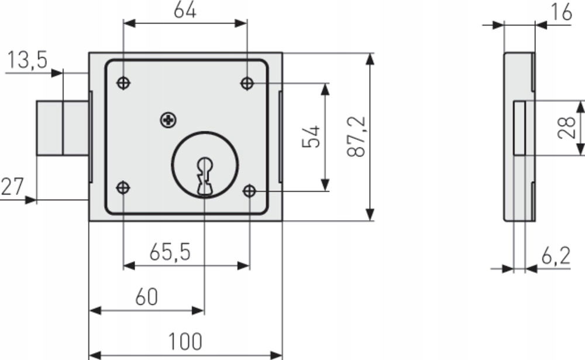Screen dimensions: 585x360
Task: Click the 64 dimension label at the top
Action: tap(185, 11)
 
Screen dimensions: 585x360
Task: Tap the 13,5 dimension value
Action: tap(28, 60)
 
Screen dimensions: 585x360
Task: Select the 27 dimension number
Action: tap(12, 186)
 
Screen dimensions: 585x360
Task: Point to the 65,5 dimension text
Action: tap(170, 252)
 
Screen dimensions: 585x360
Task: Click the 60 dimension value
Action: tap(147, 297)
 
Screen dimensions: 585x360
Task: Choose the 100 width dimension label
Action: tap(185, 341)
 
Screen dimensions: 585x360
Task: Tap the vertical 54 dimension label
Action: tap(311, 136)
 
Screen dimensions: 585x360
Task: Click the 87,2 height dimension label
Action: tap(356, 136)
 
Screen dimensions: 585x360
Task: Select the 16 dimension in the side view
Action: tap(562, 12)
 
